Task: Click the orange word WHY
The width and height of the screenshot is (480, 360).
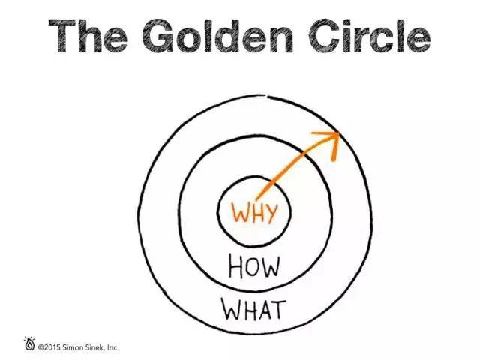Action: click(x=255, y=212)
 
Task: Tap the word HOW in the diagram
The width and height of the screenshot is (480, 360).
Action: click(x=254, y=267)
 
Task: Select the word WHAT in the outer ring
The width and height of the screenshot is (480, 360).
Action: click(x=253, y=309)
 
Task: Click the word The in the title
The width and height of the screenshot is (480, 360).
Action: click(x=88, y=36)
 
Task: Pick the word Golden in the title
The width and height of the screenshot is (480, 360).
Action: click(x=218, y=36)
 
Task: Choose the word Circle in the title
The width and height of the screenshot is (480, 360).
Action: click(x=370, y=36)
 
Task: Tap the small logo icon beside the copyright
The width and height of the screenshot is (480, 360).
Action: click(x=29, y=343)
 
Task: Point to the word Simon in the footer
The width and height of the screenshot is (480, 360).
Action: click(x=73, y=347)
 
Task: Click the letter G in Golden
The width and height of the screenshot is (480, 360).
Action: click(x=158, y=36)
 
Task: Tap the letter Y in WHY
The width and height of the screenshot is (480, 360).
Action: click(x=271, y=212)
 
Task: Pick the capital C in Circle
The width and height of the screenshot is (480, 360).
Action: click(x=325, y=36)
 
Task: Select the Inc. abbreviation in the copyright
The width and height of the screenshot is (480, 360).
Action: click(x=112, y=347)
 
